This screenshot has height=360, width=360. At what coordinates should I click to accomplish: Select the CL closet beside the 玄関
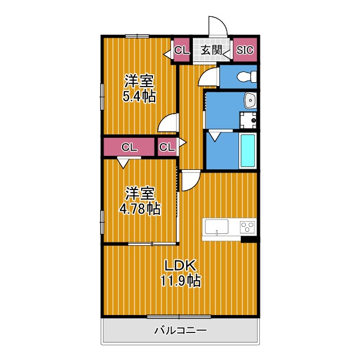181,51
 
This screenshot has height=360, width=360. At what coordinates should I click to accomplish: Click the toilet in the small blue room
244,76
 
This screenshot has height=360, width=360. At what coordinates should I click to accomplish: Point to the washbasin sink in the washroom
250,101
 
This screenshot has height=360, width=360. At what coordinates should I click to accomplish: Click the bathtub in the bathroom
247,150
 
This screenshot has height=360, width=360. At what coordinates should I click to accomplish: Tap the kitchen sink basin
216,227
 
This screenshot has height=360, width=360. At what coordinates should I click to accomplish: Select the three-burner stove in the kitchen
247,227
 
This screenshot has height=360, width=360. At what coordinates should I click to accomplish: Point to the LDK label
179,265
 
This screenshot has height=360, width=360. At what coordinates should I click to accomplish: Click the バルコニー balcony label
180,330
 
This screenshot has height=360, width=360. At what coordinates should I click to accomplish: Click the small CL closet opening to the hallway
166,147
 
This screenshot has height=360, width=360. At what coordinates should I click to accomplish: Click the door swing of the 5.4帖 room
169,122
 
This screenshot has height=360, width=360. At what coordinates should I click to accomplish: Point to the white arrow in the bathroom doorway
215,136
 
